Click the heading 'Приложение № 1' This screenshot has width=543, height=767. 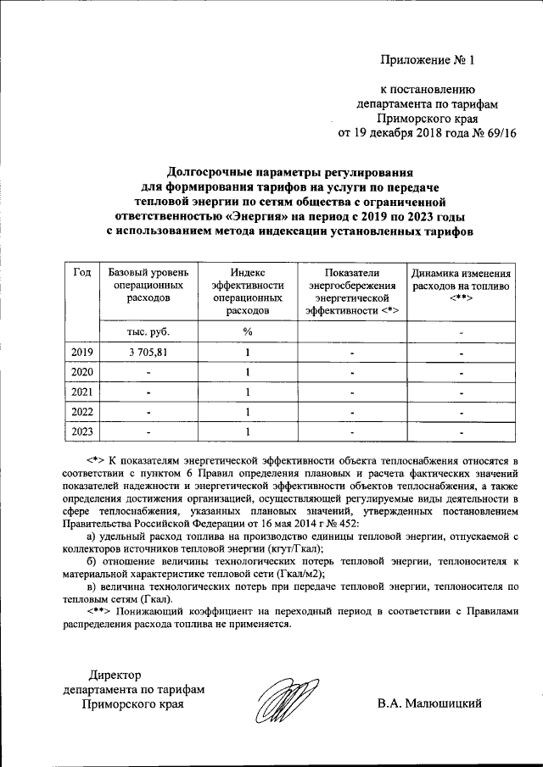[430, 59]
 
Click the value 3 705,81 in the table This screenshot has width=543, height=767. [147, 352]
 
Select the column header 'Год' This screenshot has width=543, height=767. [82, 272]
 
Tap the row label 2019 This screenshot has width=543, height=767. [82, 352]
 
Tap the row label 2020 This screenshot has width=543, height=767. [82, 372]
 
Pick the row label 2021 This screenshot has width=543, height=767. [82, 392]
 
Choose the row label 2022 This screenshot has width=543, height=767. [82, 413]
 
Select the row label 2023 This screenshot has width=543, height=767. [82, 432]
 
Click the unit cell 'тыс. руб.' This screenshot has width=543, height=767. [147, 331]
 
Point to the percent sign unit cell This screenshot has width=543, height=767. [247, 331]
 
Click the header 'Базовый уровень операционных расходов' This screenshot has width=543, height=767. [147, 286]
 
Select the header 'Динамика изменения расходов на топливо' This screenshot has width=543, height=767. [461, 286]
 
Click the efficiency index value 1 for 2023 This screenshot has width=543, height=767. [247, 432]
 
